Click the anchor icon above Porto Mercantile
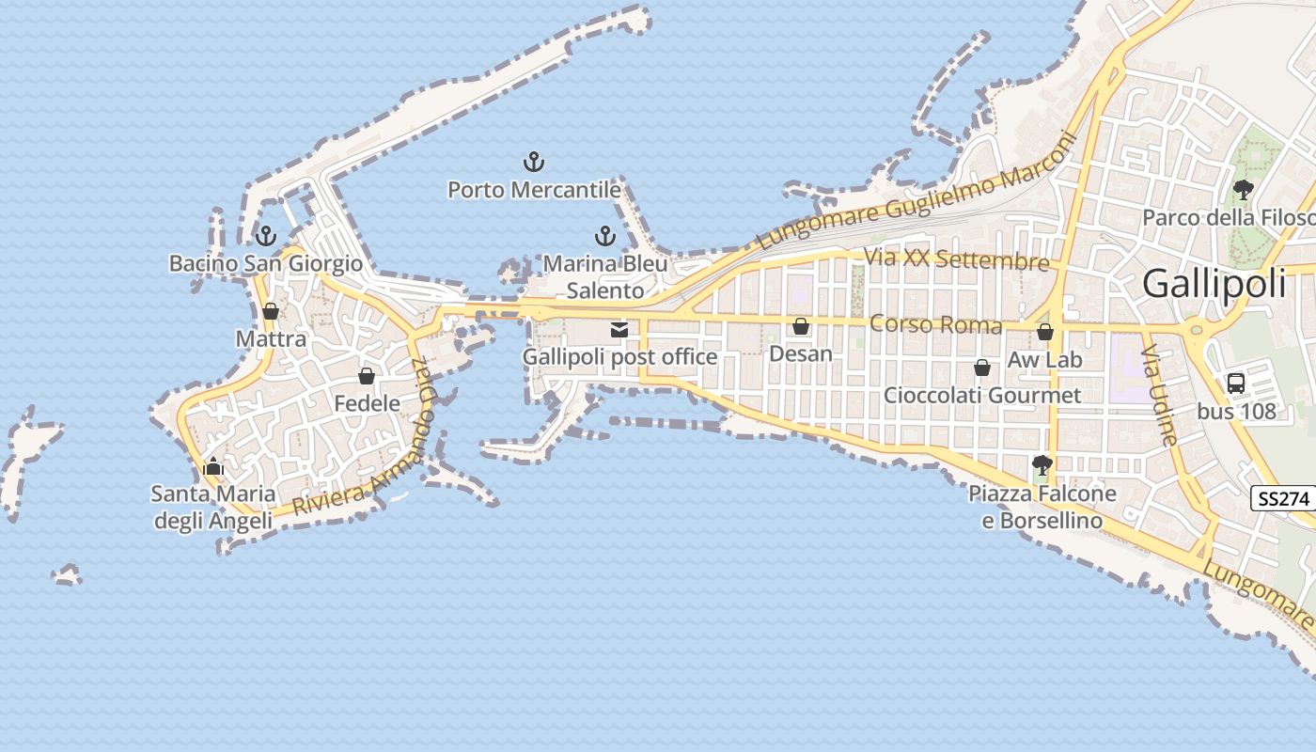(x=534, y=162)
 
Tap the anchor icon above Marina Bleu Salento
(x=605, y=236)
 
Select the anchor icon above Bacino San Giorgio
(x=266, y=235)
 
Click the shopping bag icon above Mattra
(x=271, y=311)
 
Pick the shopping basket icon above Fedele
(x=367, y=376)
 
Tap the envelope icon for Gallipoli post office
(x=619, y=329)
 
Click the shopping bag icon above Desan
(x=801, y=326)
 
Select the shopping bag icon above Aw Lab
(x=1045, y=332)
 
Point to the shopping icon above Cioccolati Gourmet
(x=982, y=368)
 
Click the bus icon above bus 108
(x=1235, y=384)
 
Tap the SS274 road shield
(x=1283, y=499)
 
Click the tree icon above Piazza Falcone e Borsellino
(x=1042, y=465)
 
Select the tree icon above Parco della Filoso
(x=1244, y=189)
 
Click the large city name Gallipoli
(x=1214, y=283)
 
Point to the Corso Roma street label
(x=936, y=325)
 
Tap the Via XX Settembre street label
(x=957, y=258)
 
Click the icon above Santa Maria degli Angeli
(x=213, y=466)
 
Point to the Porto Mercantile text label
(x=534, y=190)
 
